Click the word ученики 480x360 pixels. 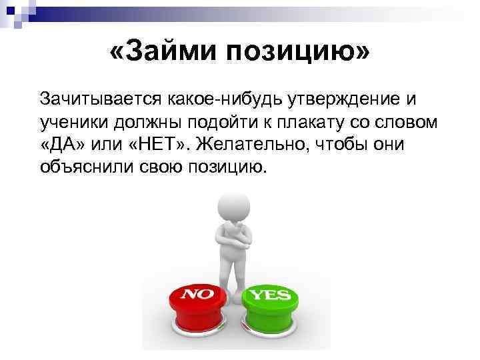click(x=75, y=122)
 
